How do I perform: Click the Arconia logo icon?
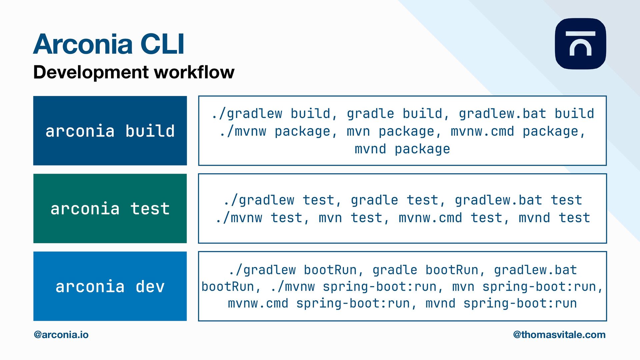(x=580, y=44)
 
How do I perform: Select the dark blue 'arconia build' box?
(x=110, y=131)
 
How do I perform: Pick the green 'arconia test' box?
(x=110, y=209)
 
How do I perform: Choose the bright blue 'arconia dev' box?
(x=110, y=286)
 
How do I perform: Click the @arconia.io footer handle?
(x=61, y=335)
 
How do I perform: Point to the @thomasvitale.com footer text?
(x=559, y=335)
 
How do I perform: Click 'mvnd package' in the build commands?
(x=402, y=149)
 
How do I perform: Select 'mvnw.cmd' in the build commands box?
(x=482, y=131)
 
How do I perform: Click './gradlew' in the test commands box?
(x=259, y=200)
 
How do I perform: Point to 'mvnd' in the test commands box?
(x=534, y=218)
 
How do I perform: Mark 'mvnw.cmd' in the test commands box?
(x=430, y=218)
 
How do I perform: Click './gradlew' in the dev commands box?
(x=262, y=270)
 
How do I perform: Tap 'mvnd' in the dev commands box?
(x=440, y=304)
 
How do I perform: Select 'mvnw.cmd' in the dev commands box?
(x=258, y=304)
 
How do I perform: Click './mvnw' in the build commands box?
(x=243, y=131)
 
